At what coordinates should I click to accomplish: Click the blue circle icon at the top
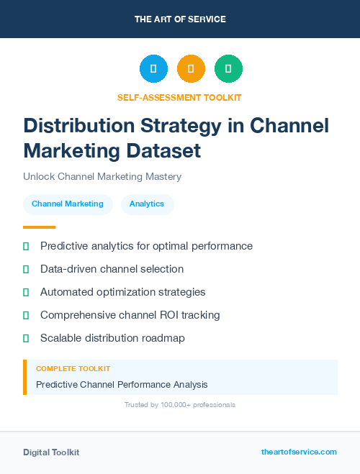pos(153,69)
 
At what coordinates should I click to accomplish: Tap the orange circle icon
pos(191,69)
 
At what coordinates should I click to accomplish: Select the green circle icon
pos(228,69)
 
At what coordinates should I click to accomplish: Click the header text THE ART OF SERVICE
pos(180,19)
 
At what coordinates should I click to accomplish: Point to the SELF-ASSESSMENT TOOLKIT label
pos(179,97)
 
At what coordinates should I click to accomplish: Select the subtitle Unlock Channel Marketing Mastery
pos(102,176)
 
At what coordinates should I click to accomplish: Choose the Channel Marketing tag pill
pos(68,204)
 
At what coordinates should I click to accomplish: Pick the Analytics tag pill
pos(147,204)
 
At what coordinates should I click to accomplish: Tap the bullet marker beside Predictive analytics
pos(26,246)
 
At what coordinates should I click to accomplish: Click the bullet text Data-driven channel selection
pos(112,269)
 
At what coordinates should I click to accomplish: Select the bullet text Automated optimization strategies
pos(122,292)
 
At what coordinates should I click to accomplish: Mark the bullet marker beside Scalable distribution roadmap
pos(26,338)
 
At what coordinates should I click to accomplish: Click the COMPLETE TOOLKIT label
pos(73,369)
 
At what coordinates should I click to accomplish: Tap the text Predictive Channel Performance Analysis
pos(122,385)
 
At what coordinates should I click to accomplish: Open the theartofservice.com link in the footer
pos(299,452)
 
